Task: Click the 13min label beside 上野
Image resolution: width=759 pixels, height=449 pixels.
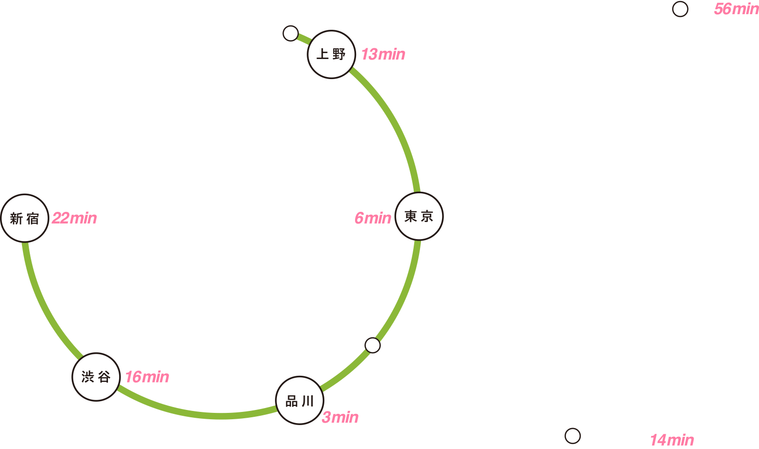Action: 383,54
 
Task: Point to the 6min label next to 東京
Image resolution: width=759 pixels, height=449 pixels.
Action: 373,218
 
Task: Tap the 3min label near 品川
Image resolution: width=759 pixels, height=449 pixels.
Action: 340,417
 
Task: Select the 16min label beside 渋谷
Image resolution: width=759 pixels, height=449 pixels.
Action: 147,377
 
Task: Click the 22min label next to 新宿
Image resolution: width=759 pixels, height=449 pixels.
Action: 74,218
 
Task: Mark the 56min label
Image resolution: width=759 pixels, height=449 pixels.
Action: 737,9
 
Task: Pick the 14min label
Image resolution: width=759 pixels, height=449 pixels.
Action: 672,440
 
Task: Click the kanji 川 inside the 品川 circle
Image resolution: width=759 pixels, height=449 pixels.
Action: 308,401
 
